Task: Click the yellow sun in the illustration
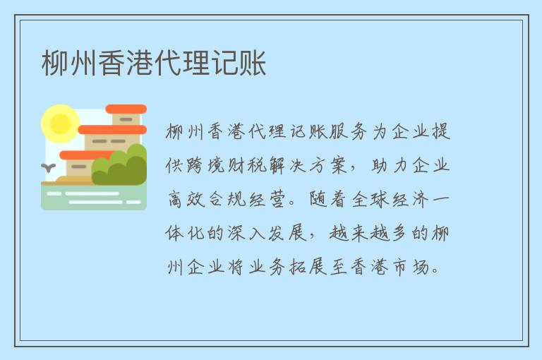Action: click(60, 124)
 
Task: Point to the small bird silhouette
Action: click(49, 167)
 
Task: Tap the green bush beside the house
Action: click(121, 168)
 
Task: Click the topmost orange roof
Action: click(126, 109)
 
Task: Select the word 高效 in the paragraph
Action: click(187, 200)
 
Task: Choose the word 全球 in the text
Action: click(373, 200)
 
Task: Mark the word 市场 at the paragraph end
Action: click(413, 268)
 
